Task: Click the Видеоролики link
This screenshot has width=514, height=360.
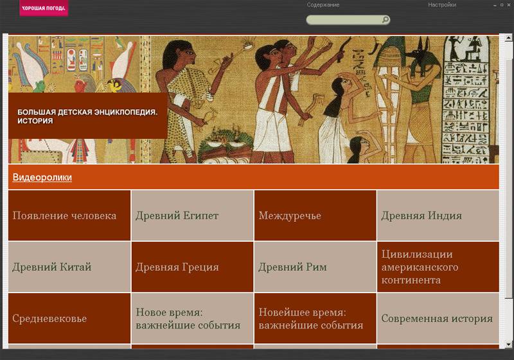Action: point(42,177)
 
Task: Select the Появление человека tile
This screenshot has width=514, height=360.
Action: point(69,215)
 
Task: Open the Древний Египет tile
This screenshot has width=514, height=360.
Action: point(192,215)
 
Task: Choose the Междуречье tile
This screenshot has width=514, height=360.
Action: point(315,215)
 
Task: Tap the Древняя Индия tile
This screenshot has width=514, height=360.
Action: point(438,215)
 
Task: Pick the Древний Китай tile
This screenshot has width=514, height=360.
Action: point(69,267)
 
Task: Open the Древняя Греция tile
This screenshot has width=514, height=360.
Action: point(192,267)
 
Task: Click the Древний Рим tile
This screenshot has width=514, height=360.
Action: point(315,267)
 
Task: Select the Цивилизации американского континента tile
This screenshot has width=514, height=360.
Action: point(438,267)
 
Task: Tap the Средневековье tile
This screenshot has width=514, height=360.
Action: point(69,318)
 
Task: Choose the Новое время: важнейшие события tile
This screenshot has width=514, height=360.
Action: point(192,318)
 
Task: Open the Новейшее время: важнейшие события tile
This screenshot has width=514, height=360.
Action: point(315,318)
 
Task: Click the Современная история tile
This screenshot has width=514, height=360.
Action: point(438,318)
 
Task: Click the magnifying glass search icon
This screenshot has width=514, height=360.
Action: point(385,20)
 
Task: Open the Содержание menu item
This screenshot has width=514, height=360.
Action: point(323,5)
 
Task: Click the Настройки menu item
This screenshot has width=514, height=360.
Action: point(442,5)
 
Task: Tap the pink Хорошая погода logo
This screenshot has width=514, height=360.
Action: point(44,8)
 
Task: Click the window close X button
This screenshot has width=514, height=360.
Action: point(509,5)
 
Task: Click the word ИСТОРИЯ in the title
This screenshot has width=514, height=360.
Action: point(35,121)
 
